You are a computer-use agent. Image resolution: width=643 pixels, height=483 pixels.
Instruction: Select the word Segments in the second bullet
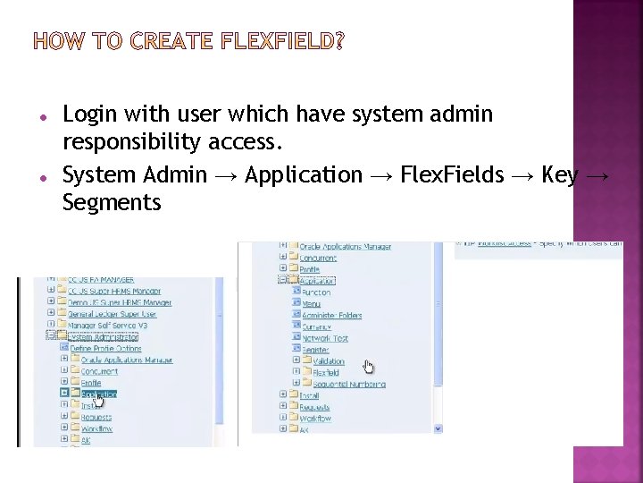click(112, 203)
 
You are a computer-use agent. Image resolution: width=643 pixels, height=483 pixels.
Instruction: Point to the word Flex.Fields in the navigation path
click(453, 175)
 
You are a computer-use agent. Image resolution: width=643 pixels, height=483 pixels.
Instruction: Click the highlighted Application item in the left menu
click(99, 394)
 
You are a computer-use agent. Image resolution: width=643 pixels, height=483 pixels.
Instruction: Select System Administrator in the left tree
click(103, 337)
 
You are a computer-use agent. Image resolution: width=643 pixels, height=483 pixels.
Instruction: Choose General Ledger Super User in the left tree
click(112, 314)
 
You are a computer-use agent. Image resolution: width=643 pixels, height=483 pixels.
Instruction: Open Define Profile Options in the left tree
click(108, 349)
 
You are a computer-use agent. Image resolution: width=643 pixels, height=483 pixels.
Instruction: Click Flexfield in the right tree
click(326, 373)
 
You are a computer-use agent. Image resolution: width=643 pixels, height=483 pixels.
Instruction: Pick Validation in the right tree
click(328, 361)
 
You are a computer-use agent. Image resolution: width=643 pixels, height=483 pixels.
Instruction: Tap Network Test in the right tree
click(325, 338)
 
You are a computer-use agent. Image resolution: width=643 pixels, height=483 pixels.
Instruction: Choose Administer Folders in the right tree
click(331, 315)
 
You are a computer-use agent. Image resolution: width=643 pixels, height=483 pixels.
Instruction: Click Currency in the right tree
click(318, 326)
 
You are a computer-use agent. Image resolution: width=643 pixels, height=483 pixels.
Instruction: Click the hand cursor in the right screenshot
click(369, 367)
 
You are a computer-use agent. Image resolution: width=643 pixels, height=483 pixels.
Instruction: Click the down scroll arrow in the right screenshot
click(439, 429)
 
